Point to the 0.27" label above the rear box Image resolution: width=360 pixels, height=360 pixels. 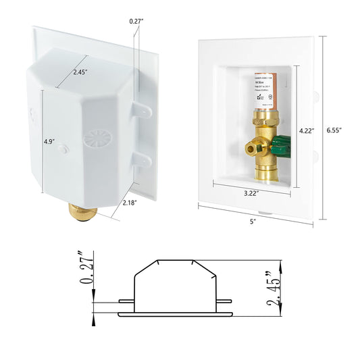(x=136, y=21)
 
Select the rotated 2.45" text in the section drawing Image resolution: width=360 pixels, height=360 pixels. (x=274, y=287)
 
